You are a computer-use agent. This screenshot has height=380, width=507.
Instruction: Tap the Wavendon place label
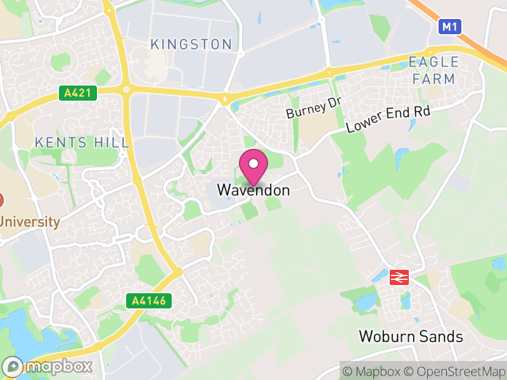(253, 190)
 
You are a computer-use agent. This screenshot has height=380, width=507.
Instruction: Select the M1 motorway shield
(449, 26)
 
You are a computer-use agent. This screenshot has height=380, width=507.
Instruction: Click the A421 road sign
(79, 93)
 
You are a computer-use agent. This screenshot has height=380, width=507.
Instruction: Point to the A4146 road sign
(150, 300)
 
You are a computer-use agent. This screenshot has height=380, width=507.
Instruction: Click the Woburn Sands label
(411, 336)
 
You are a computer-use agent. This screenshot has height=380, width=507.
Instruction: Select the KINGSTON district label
(191, 44)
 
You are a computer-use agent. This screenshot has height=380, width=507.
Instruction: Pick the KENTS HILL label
(82, 142)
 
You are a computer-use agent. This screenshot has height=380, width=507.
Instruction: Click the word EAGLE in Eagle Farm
(433, 62)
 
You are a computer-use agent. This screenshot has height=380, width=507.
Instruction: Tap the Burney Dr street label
(314, 108)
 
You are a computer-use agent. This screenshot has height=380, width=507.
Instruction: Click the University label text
(29, 222)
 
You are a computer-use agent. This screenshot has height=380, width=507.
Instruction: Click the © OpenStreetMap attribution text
(456, 371)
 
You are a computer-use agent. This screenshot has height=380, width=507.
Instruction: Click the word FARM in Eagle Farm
(433, 79)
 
